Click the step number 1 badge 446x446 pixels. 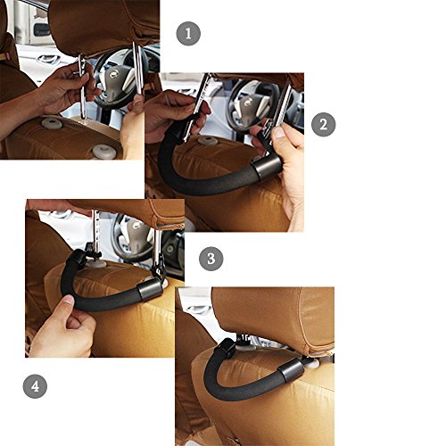click(188, 34)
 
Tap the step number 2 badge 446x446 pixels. click(323, 125)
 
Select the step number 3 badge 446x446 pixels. click(211, 259)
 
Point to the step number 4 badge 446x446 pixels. click(35, 386)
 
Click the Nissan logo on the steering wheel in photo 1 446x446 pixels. click(114, 74)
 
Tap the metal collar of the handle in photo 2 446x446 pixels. click(267, 168)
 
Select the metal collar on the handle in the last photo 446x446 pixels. click(291, 371)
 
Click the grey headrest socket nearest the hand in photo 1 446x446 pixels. click(52, 122)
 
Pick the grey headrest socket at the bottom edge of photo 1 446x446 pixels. click(104, 152)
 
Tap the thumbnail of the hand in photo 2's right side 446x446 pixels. click(279, 132)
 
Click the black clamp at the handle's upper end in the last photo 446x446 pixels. click(227, 348)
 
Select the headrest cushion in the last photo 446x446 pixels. click(274, 318)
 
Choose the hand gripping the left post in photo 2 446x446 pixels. click(176, 114)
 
